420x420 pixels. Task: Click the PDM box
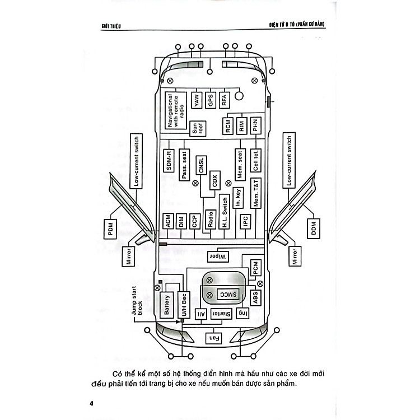click(108, 228)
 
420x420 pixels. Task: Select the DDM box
click(312, 228)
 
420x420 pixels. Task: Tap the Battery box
click(167, 305)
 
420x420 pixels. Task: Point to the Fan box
click(213, 338)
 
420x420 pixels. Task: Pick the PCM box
click(255, 270)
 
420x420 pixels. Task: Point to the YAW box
click(197, 100)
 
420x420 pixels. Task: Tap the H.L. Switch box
click(225, 213)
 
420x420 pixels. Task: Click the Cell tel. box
click(255, 160)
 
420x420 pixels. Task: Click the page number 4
click(91, 403)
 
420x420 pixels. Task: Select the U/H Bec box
click(184, 306)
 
